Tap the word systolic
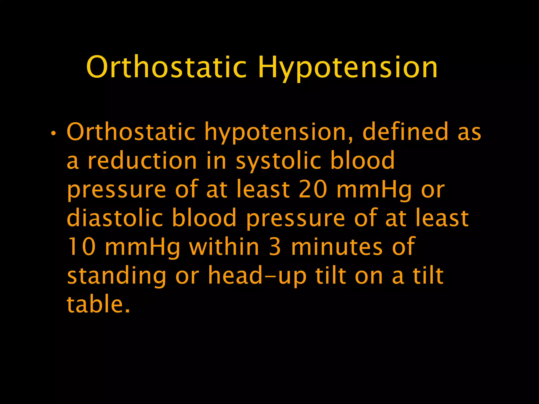coord(278,161)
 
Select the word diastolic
coord(115,218)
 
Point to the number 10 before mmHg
coord(81,246)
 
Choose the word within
coord(224,246)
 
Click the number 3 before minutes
coord(275,247)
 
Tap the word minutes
coord(337,247)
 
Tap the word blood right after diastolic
coord(204,218)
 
